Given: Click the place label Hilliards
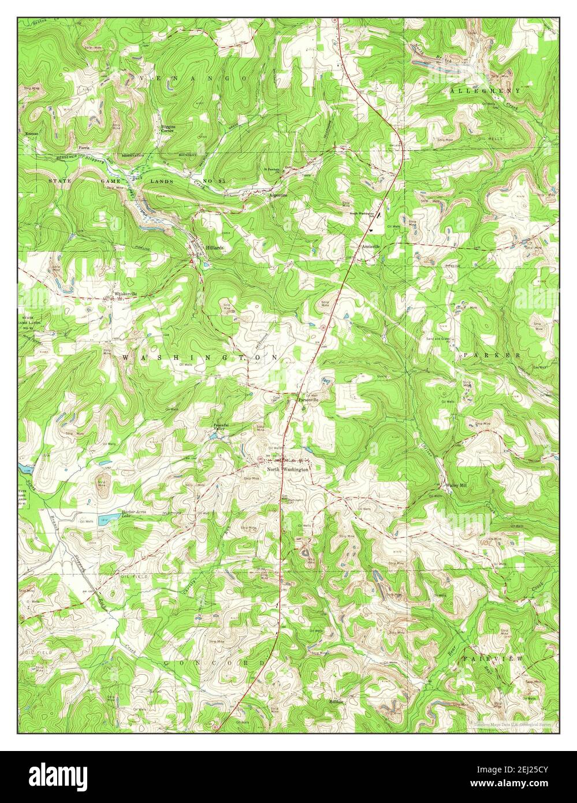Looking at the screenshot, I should [214, 247].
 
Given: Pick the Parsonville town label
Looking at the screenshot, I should [308, 399].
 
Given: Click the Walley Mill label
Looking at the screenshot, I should [456, 485].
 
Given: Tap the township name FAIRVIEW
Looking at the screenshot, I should [493, 659].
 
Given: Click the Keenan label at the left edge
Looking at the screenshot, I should [32, 133].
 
